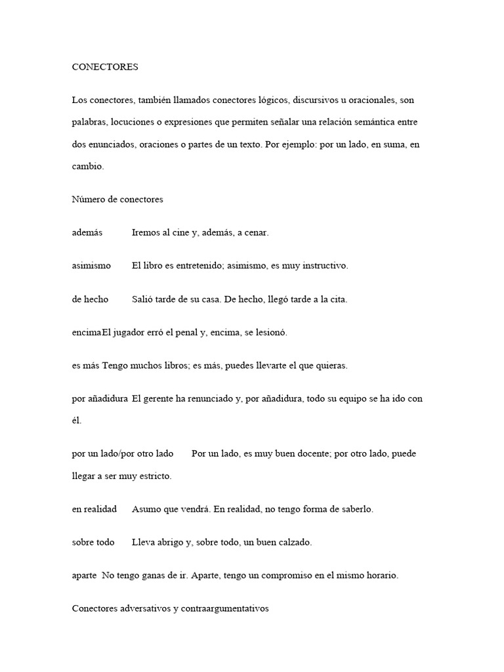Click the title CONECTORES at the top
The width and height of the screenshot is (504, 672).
click(105, 66)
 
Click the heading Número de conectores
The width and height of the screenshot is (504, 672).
click(117, 199)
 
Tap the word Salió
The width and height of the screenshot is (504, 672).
click(142, 299)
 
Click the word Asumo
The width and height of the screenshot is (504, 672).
click(145, 509)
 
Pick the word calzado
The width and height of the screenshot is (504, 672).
click(292, 542)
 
